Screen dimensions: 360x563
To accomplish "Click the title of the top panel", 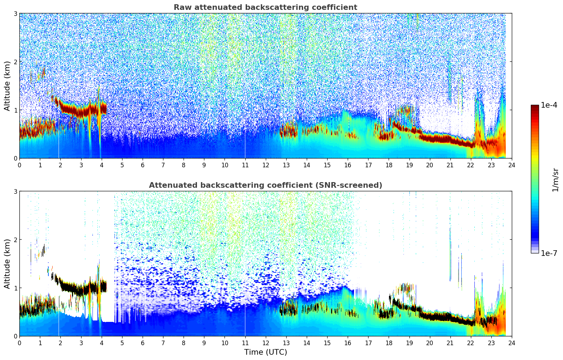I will tap(265, 7).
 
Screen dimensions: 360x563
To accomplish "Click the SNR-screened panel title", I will tap(265, 185).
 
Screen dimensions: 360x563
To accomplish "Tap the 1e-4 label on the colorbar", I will tap(549, 105).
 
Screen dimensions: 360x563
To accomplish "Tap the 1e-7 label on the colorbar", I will tap(549, 253).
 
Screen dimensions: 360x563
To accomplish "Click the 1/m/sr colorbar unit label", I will tap(555, 179).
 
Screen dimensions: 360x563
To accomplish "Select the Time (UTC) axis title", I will tap(265, 352).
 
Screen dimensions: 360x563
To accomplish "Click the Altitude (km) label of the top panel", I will tap(7, 86).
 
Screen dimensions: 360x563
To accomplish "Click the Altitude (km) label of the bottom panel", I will tap(7, 264).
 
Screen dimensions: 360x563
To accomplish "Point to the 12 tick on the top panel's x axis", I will tap(265, 165).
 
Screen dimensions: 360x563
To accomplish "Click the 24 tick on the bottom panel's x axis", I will tap(511, 343).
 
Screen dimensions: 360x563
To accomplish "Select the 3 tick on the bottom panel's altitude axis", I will tap(15, 191).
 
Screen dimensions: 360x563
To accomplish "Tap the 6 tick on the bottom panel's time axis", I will tap(143, 343).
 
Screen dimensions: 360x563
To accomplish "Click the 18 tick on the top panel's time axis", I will tap(389, 165).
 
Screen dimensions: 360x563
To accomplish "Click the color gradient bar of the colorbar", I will tap(534, 179).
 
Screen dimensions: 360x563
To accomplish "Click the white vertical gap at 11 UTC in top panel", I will tap(245, 106).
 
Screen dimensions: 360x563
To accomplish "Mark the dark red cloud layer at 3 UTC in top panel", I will tap(81, 112).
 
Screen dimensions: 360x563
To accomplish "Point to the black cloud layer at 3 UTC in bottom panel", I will tap(81, 291).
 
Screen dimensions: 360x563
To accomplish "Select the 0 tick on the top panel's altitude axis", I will tap(15, 158).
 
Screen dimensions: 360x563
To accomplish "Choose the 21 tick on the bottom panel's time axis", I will tap(450, 343).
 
